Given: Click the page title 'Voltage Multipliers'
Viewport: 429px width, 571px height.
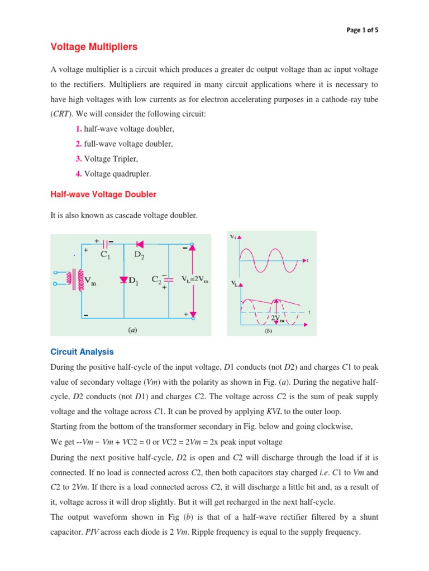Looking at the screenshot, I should pyautogui.click(x=94, y=47).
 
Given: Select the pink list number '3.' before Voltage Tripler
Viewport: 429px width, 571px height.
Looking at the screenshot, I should pyautogui.click(x=79, y=159).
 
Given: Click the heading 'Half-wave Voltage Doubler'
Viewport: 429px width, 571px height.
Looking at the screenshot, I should pyautogui.click(x=103, y=194).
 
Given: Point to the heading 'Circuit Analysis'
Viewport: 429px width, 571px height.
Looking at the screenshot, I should pyautogui.click(x=82, y=352).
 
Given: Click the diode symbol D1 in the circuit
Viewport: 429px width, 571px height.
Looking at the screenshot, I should pyautogui.click(x=123, y=280).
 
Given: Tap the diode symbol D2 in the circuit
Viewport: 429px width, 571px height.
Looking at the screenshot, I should pyautogui.click(x=140, y=244).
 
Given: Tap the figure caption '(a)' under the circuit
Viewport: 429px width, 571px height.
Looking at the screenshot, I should pyautogui.click(x=132, y=330).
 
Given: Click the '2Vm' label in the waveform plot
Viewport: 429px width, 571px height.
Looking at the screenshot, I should pyautogui.click(x=278, y=318).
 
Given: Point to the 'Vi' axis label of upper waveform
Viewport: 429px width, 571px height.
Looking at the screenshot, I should pyautogui.click(x=233, y=236).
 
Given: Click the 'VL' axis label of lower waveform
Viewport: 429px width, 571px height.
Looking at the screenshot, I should pyautogui.click(x=233, y=284).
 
